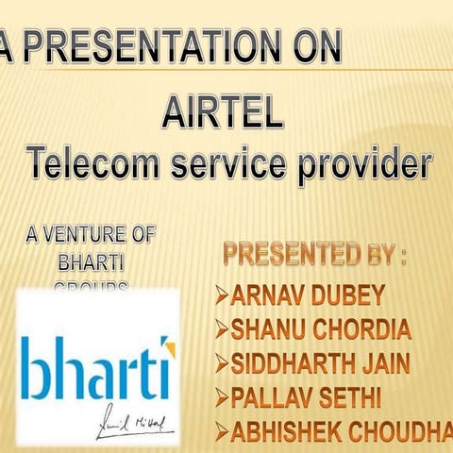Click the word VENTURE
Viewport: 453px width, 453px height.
(98, 234)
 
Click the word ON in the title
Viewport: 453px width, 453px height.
(316, 48)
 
